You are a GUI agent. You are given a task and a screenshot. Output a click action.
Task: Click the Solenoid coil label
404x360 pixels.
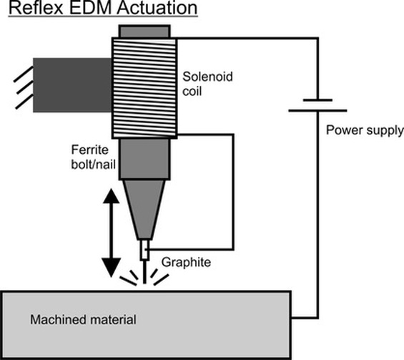click(x=207, y=84)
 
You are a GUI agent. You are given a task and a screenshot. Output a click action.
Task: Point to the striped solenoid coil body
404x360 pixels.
click(x=144, y=88)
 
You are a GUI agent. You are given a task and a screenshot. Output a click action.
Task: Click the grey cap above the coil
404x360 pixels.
click(x=144, y=31)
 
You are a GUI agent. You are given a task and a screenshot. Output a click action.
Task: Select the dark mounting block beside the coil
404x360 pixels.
click(x=73, y=85)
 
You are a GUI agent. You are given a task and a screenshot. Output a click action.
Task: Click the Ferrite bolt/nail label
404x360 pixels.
click(x=93, y=157)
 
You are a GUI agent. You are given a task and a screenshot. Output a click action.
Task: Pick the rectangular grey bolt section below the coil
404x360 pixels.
click(x=144, y=159)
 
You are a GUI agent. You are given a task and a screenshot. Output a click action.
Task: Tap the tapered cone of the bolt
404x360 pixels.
click(x=144, y=209)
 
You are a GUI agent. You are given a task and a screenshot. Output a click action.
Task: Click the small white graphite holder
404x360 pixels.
click(x=145, y=250)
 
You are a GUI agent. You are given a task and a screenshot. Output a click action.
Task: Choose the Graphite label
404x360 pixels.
click(x=186, y=262)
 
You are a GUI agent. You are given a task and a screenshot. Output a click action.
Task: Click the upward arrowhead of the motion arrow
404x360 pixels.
click(x=112, y=196)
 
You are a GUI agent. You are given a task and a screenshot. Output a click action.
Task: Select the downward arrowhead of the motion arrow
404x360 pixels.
click(x=112, y=268)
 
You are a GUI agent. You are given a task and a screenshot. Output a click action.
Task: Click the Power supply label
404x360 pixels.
click(x=365, y=130)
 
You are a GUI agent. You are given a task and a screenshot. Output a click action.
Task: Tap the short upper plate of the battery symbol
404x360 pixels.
click(x=317, y=100)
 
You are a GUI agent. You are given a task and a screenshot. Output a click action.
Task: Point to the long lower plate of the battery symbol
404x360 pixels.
click(x=317, y=111)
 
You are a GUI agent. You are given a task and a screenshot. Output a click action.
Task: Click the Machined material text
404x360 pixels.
click(x=83, y=319)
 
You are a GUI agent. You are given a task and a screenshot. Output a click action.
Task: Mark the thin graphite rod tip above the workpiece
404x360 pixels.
click(x=144, y=272)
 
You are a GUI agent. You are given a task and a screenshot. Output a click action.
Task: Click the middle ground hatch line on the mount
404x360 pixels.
click(x=25, y=87)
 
